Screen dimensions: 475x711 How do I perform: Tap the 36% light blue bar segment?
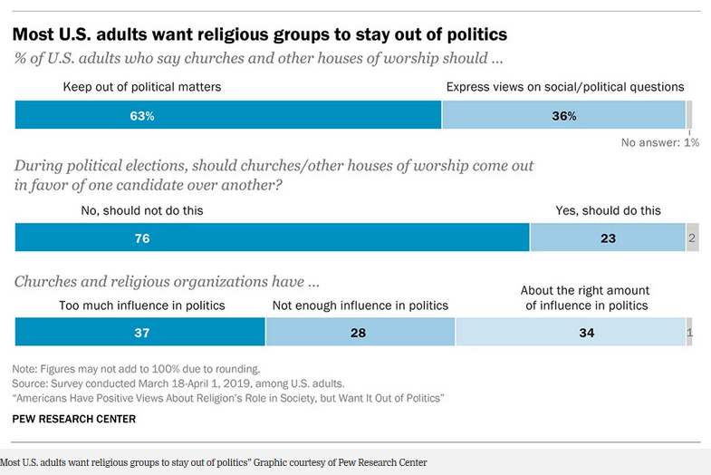click(563, 116)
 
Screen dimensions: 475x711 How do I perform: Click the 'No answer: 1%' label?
click(659, 142)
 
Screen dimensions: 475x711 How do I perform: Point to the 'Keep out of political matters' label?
click(141, 87)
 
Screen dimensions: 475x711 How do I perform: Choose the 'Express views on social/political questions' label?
click(565, 87)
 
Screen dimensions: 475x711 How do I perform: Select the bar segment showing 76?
click(272, 238)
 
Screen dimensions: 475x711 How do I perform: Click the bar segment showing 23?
click(608, 238)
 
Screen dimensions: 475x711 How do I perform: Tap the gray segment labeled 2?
click(692, 238)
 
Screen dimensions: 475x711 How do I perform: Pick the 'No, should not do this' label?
click(141, 210)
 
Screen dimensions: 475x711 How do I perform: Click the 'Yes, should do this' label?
click(608, 210)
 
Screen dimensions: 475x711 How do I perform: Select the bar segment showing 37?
click(140, 333)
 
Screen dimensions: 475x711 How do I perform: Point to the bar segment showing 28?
click(360, 333)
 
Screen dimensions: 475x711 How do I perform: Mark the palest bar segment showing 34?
click(571, 333)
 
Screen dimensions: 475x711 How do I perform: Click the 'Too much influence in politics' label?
click(141, 305)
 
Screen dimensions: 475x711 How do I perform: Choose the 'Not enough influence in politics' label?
click(360, 305)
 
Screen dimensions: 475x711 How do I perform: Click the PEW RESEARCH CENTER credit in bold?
click(74, 419)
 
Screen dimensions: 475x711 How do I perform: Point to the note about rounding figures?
click(136, 369)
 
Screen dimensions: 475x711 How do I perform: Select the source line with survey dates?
click(178, 383)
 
